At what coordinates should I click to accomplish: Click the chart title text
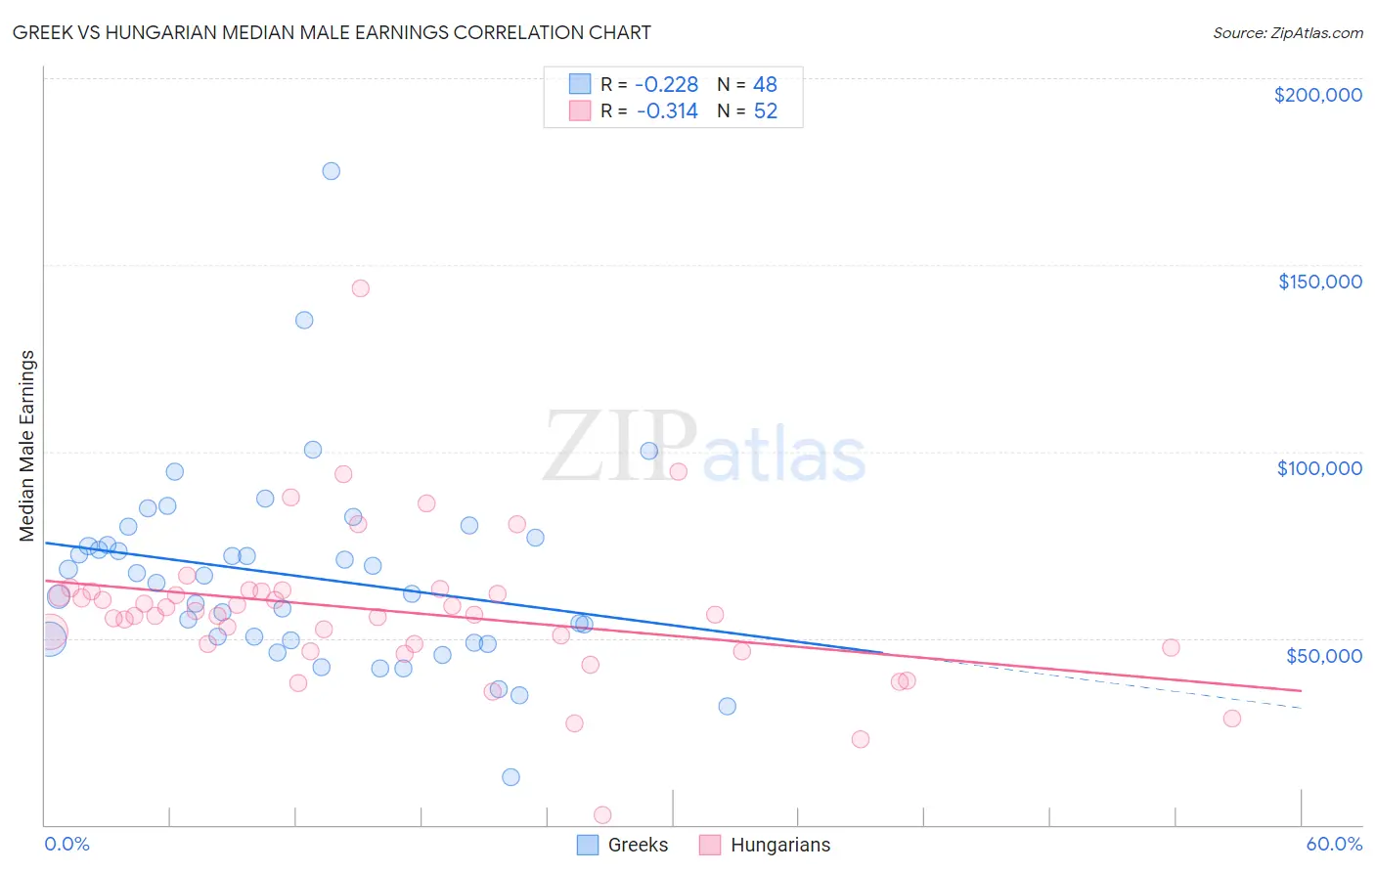point(333,32)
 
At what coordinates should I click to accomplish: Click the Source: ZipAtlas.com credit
point(1287,32)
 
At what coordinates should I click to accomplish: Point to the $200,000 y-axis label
point(1317,95)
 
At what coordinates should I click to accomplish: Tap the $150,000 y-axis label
point(1319,282)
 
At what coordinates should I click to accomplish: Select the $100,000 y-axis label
point(1319,468)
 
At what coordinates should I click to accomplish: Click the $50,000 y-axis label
point(1323,655)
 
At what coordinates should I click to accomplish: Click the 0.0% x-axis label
point(67,844)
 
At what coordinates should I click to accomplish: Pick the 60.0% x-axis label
point(1333,844)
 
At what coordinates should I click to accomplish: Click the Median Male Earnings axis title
point(26,446)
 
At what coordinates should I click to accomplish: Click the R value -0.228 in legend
point(666,85)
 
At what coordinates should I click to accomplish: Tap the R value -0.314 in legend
point(666,111)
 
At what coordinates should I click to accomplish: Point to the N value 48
point(765,85)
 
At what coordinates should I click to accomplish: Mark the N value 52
point(765,111)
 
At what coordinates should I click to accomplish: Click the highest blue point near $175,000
point(331,171)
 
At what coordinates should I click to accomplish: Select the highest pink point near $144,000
point(360,288)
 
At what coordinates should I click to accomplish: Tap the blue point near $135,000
point(304,320)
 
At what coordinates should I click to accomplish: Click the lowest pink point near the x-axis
point(602,815)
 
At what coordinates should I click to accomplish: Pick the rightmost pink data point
point(1231,719)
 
